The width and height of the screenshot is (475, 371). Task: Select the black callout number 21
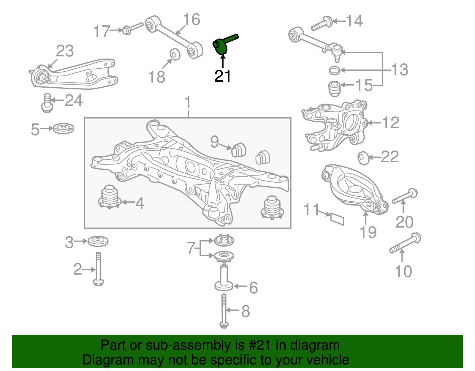223,76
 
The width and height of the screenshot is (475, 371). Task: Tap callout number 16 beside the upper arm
191,20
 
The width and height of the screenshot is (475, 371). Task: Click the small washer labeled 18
175,54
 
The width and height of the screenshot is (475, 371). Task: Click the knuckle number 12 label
390,123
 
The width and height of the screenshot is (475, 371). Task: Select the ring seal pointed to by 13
335,70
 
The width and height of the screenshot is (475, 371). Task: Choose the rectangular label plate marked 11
337,219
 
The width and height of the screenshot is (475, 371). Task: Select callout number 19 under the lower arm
368,232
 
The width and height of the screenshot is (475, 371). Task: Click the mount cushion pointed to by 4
109,197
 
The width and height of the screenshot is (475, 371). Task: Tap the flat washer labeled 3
98,241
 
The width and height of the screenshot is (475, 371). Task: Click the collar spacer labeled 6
224,278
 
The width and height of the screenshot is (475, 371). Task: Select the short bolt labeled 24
47,102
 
